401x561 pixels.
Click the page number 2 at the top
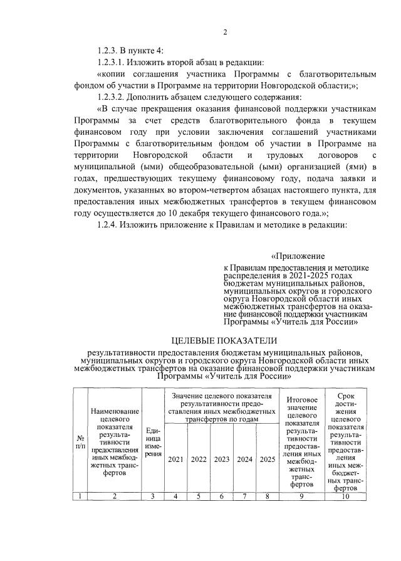[x=224, y=33]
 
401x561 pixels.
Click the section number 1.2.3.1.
[x=115, y=63]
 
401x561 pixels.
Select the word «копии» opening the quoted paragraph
[x=113, y=74]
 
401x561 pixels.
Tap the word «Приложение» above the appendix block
[x=298, y=256]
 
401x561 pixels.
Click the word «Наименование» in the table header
[x=115, y=411]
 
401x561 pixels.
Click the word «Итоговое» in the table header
[x=302, y=400]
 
